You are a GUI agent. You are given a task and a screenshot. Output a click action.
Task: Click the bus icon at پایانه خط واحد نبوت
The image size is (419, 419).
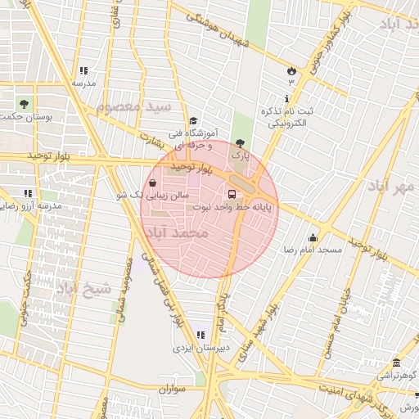point(232,195)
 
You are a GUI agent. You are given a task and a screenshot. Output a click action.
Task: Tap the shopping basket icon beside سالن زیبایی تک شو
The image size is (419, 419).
point(155,195)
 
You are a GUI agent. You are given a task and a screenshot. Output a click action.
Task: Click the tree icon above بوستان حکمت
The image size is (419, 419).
point(22,104)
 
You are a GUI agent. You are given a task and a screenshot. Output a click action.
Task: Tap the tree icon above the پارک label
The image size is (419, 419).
point(239,142)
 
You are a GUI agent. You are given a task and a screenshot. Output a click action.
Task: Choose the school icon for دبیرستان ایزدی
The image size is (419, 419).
point(200,335)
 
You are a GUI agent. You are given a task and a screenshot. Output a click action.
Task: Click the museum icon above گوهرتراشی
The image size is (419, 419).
point(396,363)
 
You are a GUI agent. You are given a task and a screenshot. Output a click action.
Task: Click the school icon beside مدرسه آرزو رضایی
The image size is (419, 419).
point(28,193)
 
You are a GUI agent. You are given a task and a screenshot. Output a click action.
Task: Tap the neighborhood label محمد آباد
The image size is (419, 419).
point(177,234)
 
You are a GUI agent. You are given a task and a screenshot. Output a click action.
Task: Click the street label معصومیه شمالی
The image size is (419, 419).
point(125,291)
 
